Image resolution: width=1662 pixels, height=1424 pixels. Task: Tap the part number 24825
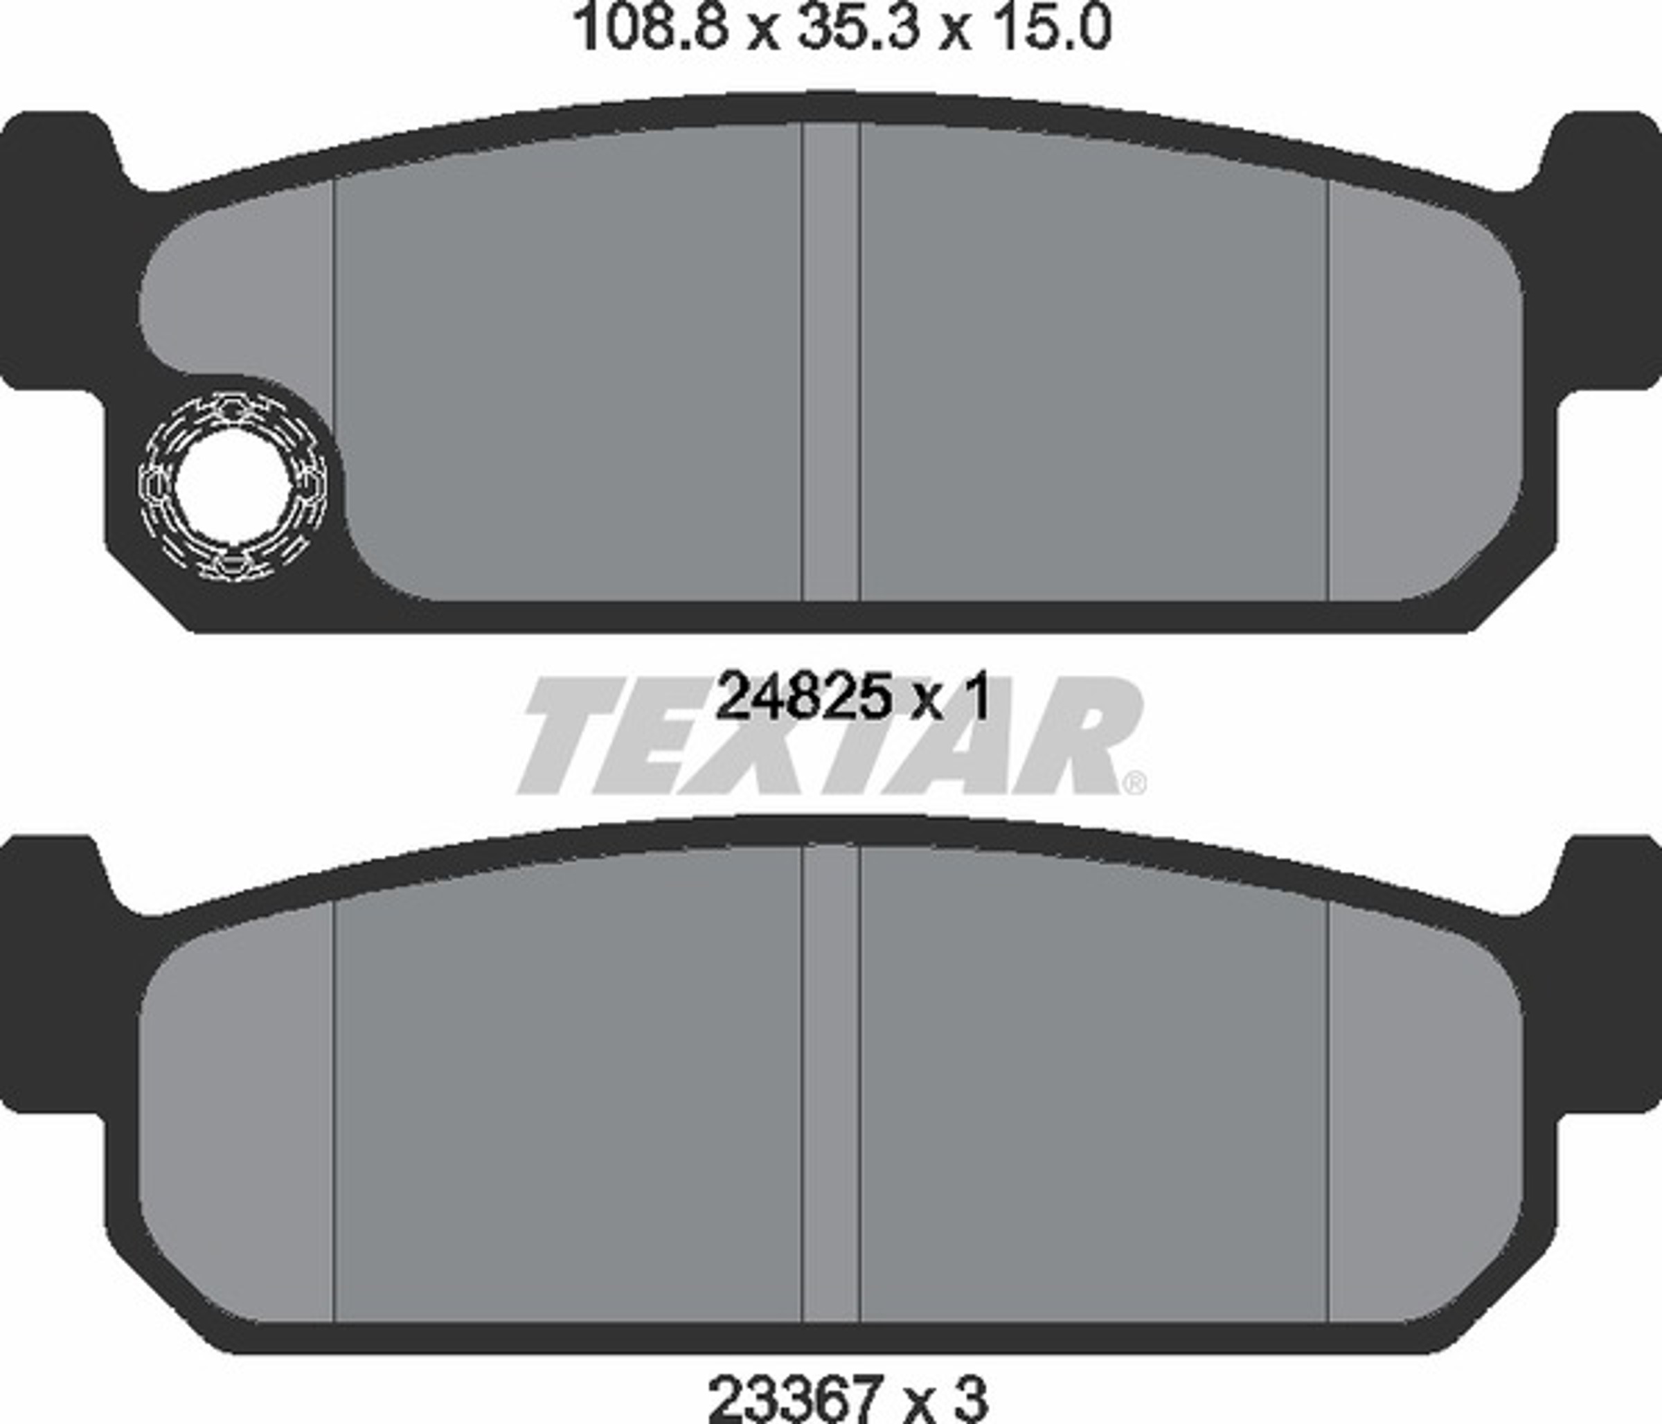point(802,698)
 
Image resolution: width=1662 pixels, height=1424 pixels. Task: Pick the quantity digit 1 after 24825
point(974,698)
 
